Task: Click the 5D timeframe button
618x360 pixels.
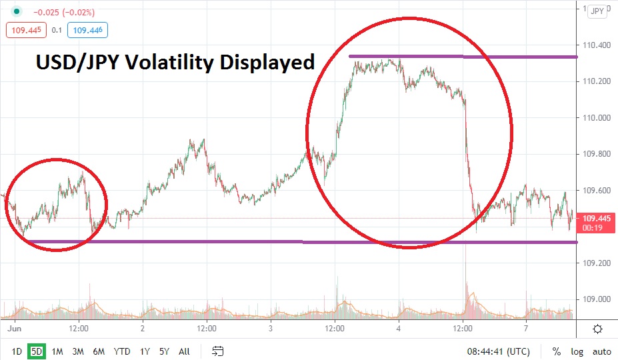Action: click(x=36, y=351)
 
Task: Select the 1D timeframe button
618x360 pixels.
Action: click(x=17, y=351)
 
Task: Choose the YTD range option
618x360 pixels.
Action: click(x=122, y=351)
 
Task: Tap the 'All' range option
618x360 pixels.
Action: click(x=185, y=351)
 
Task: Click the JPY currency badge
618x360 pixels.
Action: click(x=597, y=11)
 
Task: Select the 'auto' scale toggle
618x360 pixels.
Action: click(x=602, y=351)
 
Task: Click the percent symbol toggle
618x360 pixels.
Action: click(x=556, y=351)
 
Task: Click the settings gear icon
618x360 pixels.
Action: click(x=597, y=329)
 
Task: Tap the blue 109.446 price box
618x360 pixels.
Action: click(x=90, y=29)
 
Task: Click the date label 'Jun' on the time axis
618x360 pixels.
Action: click(x=12, y=329)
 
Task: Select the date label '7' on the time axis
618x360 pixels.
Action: click(x=526, y=329)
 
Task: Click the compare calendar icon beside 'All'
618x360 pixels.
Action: click(x=217, y=351)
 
